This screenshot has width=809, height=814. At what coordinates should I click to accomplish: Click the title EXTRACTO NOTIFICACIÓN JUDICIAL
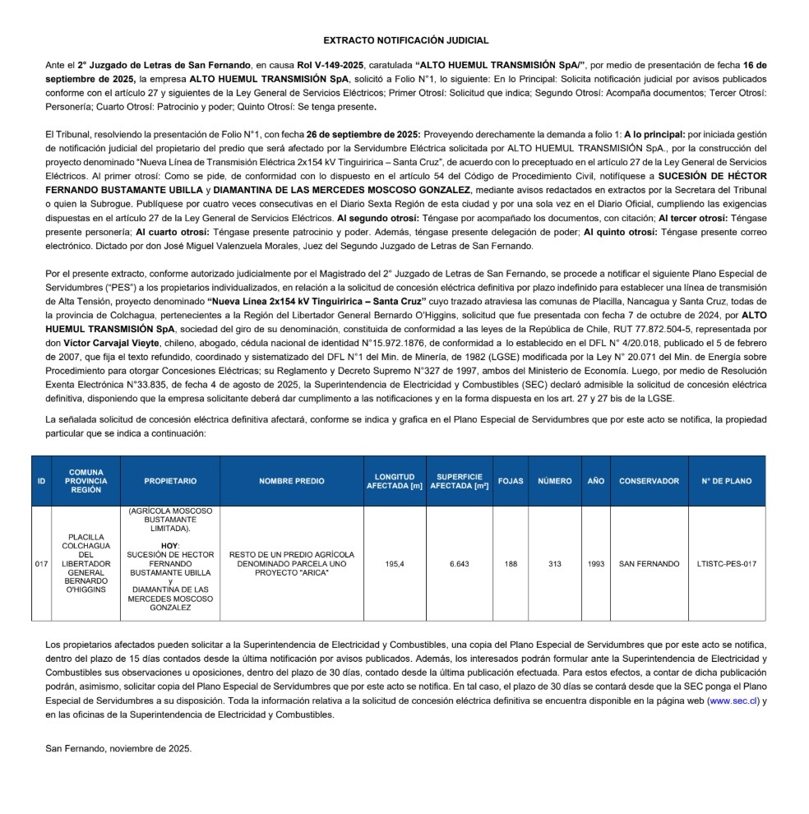[405, 39]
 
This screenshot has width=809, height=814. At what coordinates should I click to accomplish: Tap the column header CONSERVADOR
[649, 481]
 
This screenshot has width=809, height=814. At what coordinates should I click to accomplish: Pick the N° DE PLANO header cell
[726, 481]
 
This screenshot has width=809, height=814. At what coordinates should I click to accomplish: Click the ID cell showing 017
[41, 564]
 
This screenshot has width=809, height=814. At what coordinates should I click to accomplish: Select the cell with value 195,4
[394, 564]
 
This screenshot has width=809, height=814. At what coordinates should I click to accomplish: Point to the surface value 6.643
[459, 564]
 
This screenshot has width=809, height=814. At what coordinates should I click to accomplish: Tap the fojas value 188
[511, 564]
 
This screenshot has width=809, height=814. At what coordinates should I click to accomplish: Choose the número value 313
[554, 564]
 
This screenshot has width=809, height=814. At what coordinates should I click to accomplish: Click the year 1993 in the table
[596, 564]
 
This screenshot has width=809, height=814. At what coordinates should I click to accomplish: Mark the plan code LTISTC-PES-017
[726, 564]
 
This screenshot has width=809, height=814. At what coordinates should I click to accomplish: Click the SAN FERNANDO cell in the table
[649, 564]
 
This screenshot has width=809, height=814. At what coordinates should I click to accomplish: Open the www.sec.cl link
[733, 701]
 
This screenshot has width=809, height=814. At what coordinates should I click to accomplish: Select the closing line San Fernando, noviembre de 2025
[118, 748]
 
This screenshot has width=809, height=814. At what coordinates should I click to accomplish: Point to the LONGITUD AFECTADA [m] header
[394, 481]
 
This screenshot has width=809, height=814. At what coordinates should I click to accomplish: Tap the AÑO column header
[596, 481]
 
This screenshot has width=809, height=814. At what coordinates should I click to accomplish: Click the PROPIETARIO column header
[170, 481]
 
